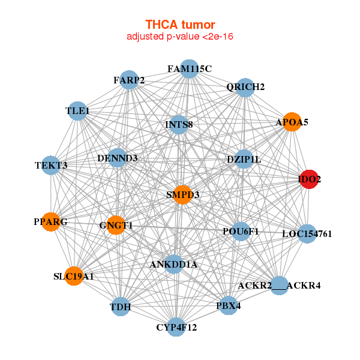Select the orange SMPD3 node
pyautogui.click(x=183, y=195)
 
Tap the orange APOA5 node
pyautogui.click(x=292, y=122)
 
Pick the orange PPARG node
pyautogui.click(x=50, y=221)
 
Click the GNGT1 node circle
pyautogui.click(x=116, y=225)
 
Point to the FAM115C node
pyautogui.click(x=189, y=69)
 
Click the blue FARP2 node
pyautogui.click(x=129, y=80)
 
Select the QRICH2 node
pyautogui.click(x=245, y=87)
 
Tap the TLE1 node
pyautogui.click(x=77, y=111)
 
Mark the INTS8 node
pyautogui.click(x=179, y=125)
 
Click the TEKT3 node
pyautogui.click(x=51, y=165)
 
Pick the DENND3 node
pyautogui.click(x=117, y=158)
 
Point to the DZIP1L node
pyautogui.click(x=244, y=159)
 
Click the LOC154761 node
pyautogui.click(x=307, y=233)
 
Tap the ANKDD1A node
pyautogui.click(x=173, y=264)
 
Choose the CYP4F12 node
pyautogui.click(x=176, y=327)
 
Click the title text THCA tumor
pyautogui.click(x=180, y=25)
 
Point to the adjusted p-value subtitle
pyautogui.click(x=180, y=37)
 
